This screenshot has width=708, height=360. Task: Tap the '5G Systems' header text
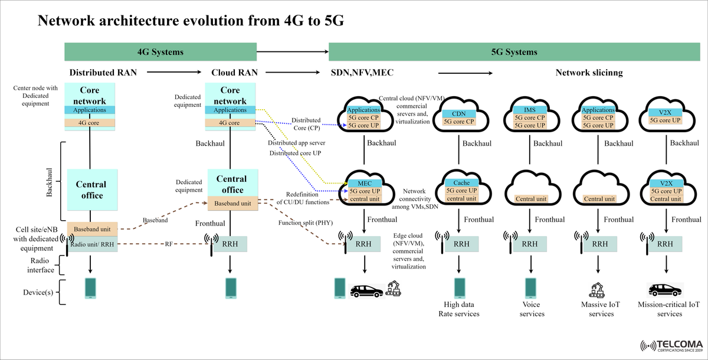click(x=513, y=52)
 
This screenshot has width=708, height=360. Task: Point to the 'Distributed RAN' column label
click(x=103, y=73)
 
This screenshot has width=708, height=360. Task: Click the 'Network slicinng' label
click(x=589, y=73)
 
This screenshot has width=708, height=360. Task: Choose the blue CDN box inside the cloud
click(x=458, y=113)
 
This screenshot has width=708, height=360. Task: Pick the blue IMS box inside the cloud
click(x=529, y=110)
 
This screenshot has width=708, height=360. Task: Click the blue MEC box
click(x=364, y=183)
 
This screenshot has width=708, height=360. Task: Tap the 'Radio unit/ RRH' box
click(x=93, y=244)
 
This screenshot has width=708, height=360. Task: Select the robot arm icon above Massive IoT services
click(x=598, y=289)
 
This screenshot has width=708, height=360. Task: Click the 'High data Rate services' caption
click(x=458, y=309)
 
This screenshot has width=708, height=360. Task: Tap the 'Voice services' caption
click(x=532, y=309)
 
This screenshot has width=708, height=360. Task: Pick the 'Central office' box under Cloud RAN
click(x=232, y=184)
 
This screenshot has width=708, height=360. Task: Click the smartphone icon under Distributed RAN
click(x=91, y=288)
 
